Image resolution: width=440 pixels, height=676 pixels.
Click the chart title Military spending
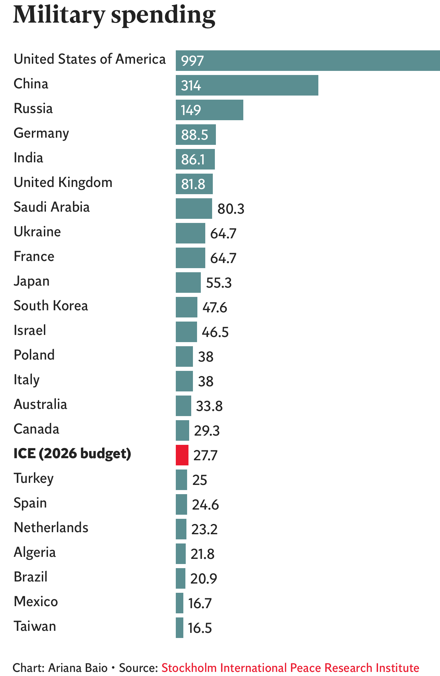pos(114,15)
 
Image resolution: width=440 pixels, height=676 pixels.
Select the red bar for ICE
pos(182,455)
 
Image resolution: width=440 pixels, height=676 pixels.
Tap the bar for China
pos(247,85)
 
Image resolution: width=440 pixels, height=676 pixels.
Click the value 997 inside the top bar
pos(193,61)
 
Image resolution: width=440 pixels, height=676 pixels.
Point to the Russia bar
pos(209,110)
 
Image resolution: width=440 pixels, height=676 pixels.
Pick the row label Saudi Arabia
pos(52,207)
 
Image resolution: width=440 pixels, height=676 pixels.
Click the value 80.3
pos(231,209)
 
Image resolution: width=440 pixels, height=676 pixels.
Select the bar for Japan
pos(188,283)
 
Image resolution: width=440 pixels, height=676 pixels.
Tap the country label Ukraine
pos(37,232)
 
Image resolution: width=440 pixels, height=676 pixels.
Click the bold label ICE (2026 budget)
pos(72,453)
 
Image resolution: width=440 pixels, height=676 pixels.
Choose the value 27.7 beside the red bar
pos(205,455)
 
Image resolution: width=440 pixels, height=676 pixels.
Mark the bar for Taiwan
pos(180,628)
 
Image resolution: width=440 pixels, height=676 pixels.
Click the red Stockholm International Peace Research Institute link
pos(290,668)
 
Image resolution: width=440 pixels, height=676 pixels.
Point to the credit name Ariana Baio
pos(78,668)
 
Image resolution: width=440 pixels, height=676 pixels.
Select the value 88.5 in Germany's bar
pos(195,135)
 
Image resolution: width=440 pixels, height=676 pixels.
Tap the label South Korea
pos(51,306)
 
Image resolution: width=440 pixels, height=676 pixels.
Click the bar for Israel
pos(186,332)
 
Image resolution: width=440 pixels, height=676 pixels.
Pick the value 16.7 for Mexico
pos(200,603)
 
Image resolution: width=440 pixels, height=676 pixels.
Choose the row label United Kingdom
pos(63,183)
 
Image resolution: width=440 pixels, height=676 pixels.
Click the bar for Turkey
pos(181,480)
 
